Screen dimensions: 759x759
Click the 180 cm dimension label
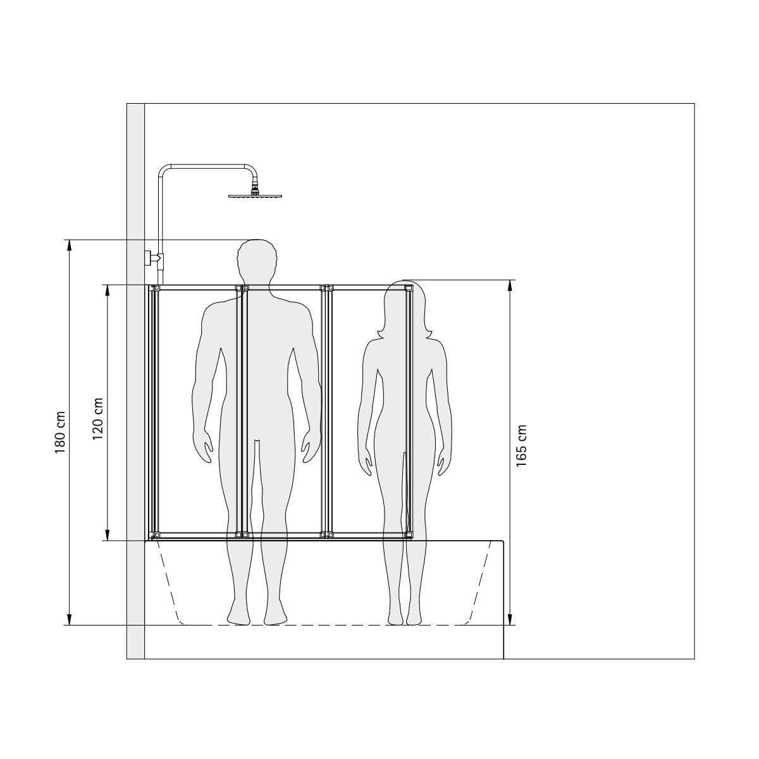click(x=60, y=432)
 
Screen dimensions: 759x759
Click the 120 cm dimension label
click(x=97, y=419)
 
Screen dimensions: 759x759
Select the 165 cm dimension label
click(x=521, y=446)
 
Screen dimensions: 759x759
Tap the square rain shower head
click(x=256, y=195)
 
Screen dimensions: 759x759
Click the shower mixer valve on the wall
click(x=154, y=258)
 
